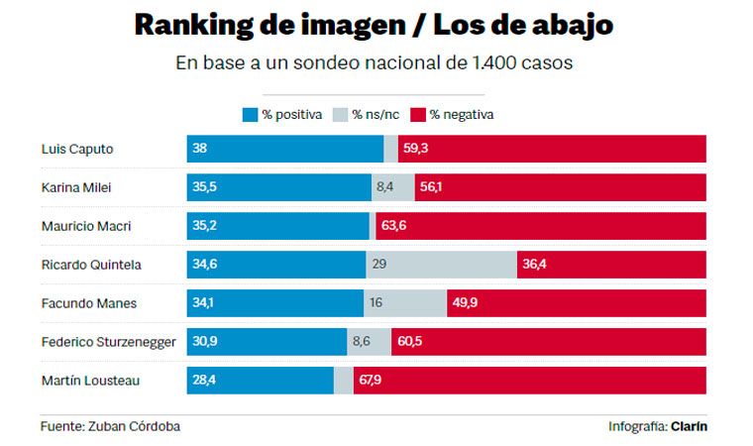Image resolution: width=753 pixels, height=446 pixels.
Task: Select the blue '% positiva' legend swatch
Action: (x=250, y=114)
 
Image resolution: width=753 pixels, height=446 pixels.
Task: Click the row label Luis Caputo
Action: (x=77, y=149)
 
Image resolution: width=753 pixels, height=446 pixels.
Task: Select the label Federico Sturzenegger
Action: (x=109, y=342)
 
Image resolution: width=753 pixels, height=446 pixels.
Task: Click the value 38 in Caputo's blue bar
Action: (x=200, y=149)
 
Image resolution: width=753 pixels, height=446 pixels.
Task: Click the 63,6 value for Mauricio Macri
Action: (x=393, y=226)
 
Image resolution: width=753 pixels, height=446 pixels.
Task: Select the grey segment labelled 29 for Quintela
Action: (x=441, y=265)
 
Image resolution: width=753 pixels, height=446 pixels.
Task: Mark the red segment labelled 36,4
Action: (x=611, y=265)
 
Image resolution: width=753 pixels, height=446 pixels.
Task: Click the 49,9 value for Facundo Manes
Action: (x=465, y=303)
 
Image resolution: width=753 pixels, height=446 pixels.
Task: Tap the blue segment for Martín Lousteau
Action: (x=260, y=381)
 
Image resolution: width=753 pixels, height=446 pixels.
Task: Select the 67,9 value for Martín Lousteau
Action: (x=371, y=381)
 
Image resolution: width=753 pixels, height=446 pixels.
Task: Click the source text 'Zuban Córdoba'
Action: (x=138, y=426)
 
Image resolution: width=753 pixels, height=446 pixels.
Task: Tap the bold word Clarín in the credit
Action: (x=689, y=426)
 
